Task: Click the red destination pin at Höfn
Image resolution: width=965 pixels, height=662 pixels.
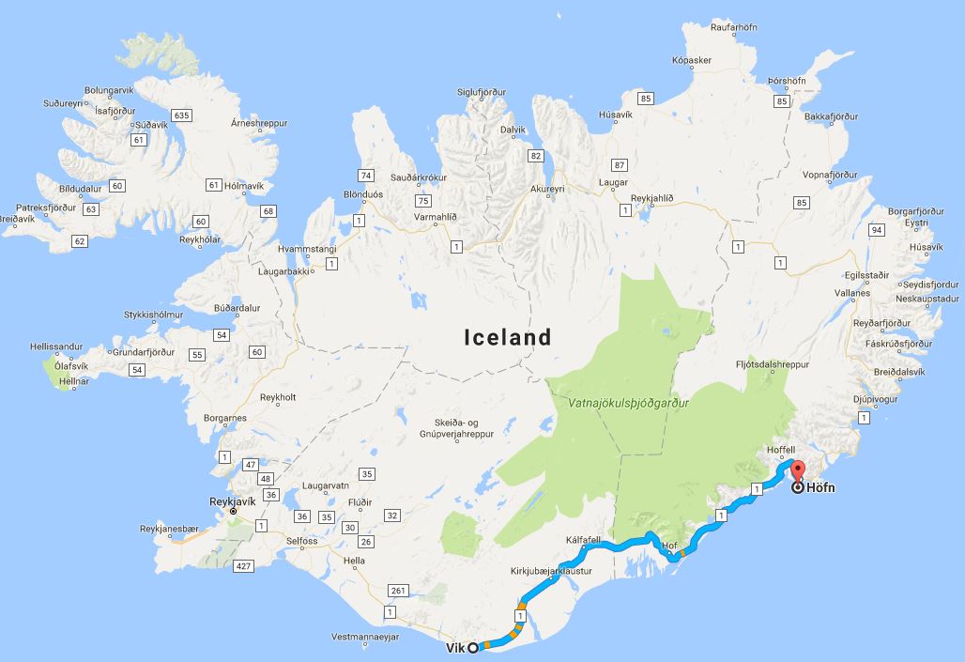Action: pyautogui.click(x=799, y=472)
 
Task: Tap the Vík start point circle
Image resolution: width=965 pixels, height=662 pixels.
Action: pyautogui.click(x=473, y=646)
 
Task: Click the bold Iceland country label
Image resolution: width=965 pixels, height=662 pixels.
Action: pyautogui.click(x=508, y=337)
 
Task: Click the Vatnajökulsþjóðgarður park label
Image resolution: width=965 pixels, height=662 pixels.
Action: pyautogui.click(x=629, y=403)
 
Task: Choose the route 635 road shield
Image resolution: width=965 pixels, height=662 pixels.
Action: pyautogui.click(x=182, y=115)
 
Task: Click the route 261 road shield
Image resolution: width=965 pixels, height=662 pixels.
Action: pyautogui.click(x=400, y=591)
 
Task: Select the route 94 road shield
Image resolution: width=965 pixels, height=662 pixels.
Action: pyautogui.click(x=877, y=230)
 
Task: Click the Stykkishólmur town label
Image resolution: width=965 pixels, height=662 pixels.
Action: pyautogui.click(x=154, y=315)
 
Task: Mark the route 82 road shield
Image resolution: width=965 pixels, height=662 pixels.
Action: pyautogui.click(x=536, y=156)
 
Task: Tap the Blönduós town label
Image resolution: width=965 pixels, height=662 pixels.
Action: pyautogui.click(x=366, y=195)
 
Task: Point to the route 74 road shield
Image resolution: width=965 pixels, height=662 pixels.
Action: pyautogui.click(x=366, y=175)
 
